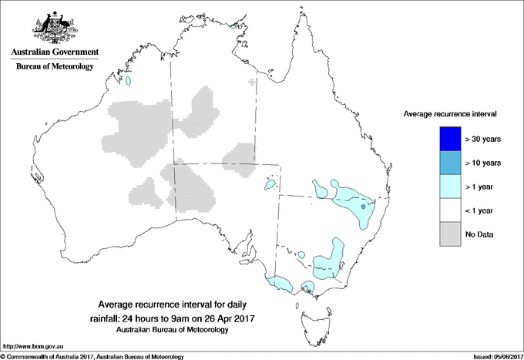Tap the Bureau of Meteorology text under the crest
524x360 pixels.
(x=54, y=67)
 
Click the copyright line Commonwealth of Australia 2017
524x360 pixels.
(x=92, y=356)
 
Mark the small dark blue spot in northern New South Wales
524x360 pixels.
(x=363, y=207)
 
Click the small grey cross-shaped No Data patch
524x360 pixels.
(x=253, y=81)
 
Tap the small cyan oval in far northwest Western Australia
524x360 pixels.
(x=130, y=80)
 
